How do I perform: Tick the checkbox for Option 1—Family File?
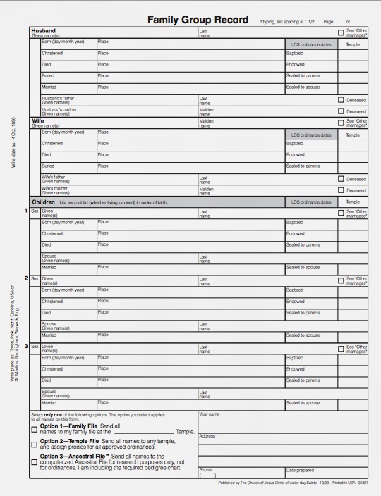pos(35,429)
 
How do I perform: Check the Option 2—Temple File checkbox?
pos(35,445)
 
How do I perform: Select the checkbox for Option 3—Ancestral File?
pos(35,462)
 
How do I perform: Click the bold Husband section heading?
pos(44,31)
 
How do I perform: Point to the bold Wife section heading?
pos(38,121)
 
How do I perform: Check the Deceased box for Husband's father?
pos(341,100)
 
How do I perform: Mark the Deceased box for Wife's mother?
pos(341,190)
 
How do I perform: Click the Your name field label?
pos(210,414)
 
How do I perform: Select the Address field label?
pos(207,435)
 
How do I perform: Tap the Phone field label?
pos(205,469)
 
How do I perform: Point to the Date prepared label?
pos(301,469)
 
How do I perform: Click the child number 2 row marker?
pos(27,278)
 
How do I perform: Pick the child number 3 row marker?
pos(27,346)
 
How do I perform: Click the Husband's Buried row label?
pos(47,75)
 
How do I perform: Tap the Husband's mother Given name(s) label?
pos(58,111)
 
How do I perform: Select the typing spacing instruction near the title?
pos(286,22)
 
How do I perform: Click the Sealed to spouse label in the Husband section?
pos(303,87)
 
